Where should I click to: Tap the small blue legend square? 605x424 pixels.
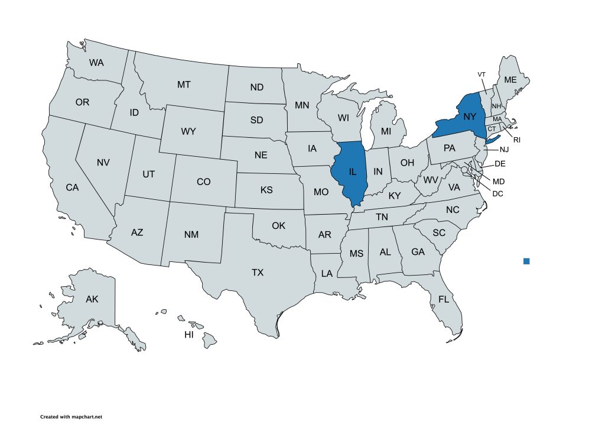tap(526, 261)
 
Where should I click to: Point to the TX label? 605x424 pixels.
tap(258, 273)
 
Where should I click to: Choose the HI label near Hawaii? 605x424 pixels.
tap(189, 335)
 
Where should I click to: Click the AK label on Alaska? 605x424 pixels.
tap(92, 299)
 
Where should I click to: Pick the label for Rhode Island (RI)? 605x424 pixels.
tap(516, 140)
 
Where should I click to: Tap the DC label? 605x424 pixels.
tap(498, 193)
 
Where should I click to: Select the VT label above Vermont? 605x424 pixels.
tap(482, 74)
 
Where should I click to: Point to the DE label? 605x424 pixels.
tap(499, 163)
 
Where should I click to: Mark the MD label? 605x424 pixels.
tap(499, 180)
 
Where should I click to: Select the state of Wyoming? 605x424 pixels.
tap(188, 131)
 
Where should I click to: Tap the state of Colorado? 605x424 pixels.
tap(203, 182)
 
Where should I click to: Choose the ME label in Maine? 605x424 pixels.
tap(510, 80)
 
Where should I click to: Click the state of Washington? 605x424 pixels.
tap(96, 62)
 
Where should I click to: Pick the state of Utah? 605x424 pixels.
tap(148, 174)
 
